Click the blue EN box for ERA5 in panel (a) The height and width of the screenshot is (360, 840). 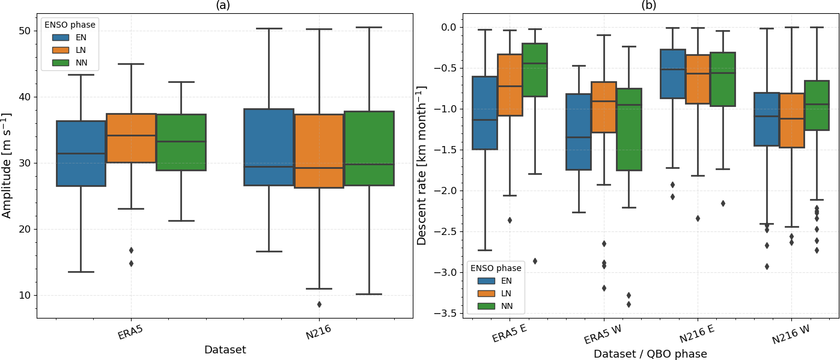pos(81,153)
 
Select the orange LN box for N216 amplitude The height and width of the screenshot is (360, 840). pos(318,151)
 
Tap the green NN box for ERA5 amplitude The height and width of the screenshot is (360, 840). pos(181,142)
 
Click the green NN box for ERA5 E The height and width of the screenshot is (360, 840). pos(534,70)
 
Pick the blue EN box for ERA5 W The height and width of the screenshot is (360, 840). pos(579,132)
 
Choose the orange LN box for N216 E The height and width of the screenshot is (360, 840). pos(698,79)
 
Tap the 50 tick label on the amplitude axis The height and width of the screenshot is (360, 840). pos(24,31)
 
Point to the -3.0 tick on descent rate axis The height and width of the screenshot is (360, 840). pos(446,272)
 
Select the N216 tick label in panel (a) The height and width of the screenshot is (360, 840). pos(318,332)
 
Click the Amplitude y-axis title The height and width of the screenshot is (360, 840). pos(7,165)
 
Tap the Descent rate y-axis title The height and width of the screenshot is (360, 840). pos(422,165)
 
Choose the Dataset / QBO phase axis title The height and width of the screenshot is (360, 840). pos(650,354)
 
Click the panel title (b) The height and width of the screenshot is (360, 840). pos(649,5)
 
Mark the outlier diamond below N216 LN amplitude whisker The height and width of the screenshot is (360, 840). pos(318,304)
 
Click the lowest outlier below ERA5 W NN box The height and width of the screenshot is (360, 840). pos(628,304)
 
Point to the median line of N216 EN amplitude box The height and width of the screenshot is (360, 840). pos(269,166)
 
